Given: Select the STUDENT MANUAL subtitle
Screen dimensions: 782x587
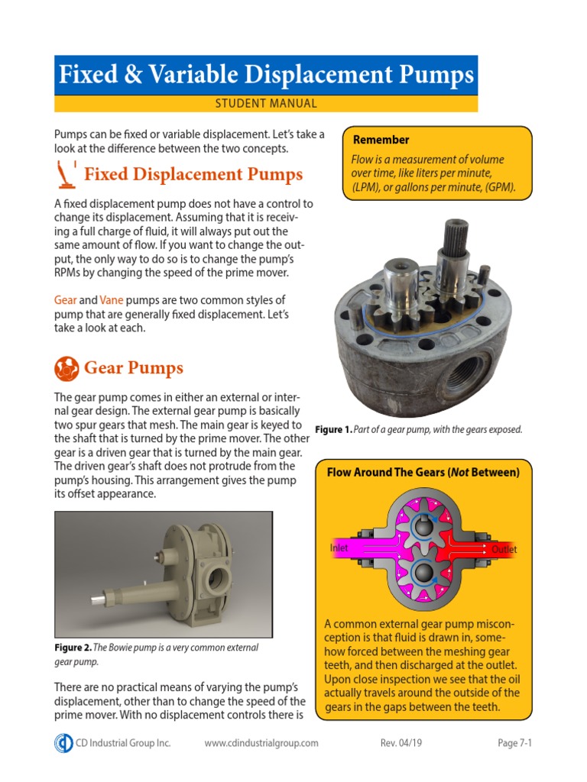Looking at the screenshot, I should click(x=267, y=104).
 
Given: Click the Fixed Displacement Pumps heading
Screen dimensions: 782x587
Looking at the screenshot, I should click(x=193, y=174).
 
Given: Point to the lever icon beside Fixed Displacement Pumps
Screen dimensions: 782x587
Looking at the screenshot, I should click(x=66, y=175).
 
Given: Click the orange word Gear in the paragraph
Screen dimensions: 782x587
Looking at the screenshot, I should click(x=65, y=300).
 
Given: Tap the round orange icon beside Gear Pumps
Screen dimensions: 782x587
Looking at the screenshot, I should click(x=66, y=368).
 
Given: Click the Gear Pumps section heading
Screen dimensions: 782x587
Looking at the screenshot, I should click(x=134, y=368).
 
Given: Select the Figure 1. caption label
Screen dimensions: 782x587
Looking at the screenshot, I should click(x=334, y=430).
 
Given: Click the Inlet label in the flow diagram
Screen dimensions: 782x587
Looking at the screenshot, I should click(x=339, y=548).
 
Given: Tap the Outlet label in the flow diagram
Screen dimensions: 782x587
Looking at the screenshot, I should click(x=504, y=549).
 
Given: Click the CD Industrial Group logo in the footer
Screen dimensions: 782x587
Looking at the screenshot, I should click(x=63, y=743).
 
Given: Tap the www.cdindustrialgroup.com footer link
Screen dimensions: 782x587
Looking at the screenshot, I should click(x=261, y=743).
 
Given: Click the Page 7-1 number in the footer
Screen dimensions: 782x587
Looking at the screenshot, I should click(x=514, y=743).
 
